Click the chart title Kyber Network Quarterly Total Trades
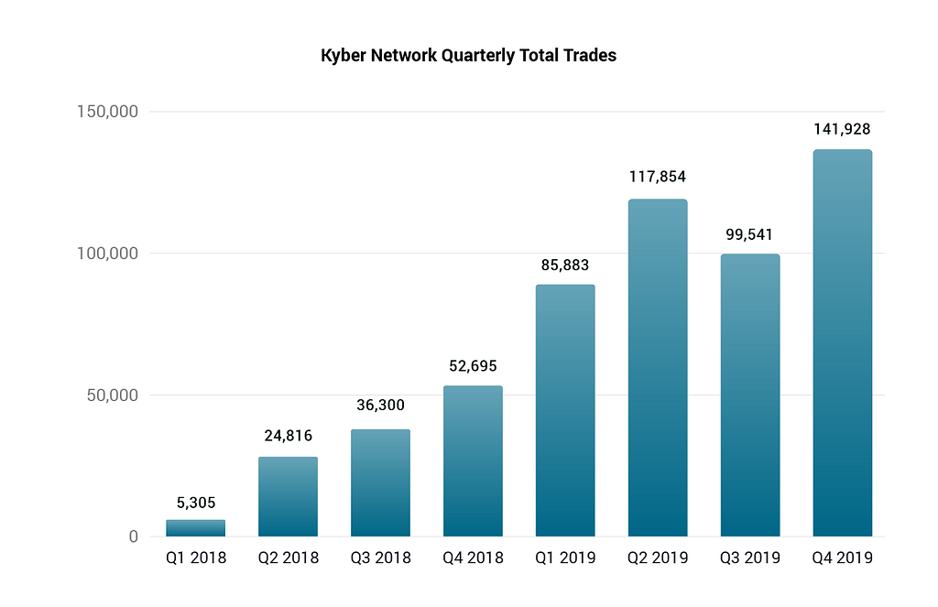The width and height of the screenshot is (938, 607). (x=468, y=56)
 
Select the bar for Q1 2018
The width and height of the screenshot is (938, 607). (x=195, y=528)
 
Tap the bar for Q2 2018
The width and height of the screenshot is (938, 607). (x=288, y=496)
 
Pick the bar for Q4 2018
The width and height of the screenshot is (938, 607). (x=473, y=461)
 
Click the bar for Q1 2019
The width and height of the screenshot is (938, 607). (x=565, y=410)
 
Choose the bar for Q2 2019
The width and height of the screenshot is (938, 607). (x=658, y=367)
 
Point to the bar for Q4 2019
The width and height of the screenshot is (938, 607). (x=842, y=342)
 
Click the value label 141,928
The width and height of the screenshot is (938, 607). (x=842, y=129)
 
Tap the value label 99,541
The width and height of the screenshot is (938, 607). (x=749, y=234)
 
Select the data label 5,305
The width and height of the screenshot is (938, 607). (x=195, y=502)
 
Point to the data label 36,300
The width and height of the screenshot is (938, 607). (x=380, y=405)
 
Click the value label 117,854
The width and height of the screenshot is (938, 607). (x=658, y=177)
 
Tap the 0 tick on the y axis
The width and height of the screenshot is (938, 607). (x=133, y=537)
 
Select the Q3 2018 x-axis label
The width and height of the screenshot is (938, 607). (x=380, y=558)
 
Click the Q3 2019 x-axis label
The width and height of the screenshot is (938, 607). (x=749, y=558)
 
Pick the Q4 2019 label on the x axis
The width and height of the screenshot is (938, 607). (x=842, y=558)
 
